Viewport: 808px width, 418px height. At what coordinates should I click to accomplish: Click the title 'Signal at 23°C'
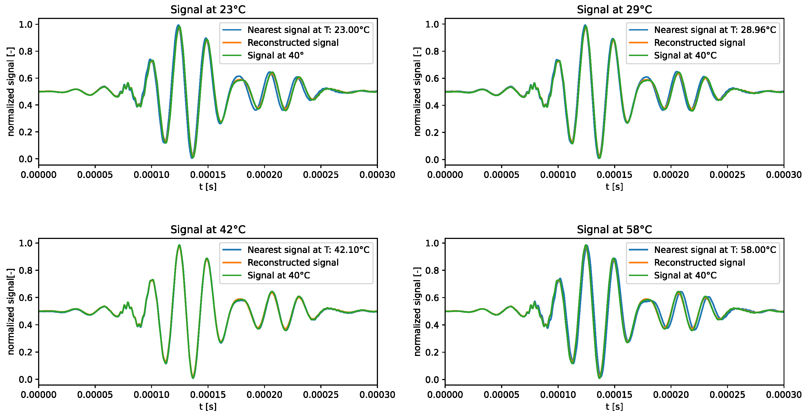[208, 10]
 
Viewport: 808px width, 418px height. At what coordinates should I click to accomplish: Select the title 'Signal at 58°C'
[614, 230]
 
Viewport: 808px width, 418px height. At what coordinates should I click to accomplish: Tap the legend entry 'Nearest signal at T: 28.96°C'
[715, 30]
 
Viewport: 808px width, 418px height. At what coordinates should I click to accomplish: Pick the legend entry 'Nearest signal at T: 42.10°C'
[308, 250]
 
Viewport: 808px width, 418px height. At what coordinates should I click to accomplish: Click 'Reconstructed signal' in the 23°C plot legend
[293, 43]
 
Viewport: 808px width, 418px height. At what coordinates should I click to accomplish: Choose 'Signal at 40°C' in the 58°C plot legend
[685, 275]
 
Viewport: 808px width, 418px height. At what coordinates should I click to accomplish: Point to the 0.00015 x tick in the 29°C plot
[614, 175]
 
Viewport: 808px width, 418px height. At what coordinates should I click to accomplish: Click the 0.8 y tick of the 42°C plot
[26, 271]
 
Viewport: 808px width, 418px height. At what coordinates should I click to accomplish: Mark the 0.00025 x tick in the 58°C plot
[727, 394]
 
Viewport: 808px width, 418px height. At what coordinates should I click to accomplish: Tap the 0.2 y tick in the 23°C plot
[26, 132]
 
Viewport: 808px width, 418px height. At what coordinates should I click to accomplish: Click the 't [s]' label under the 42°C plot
[208, 407]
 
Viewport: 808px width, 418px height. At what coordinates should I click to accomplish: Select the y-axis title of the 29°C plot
[417, 92]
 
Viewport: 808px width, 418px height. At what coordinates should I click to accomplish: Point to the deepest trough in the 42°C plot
[193, 377]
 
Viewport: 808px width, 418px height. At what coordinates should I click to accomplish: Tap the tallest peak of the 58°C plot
[586, 246]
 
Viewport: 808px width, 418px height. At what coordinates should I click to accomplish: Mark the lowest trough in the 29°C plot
[599, 157]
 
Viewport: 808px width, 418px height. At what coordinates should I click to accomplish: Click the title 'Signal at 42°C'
[208, 230]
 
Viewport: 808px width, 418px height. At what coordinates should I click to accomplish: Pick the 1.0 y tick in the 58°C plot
[432, 243]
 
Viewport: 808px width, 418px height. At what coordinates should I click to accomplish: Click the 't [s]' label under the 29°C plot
[614, 186]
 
